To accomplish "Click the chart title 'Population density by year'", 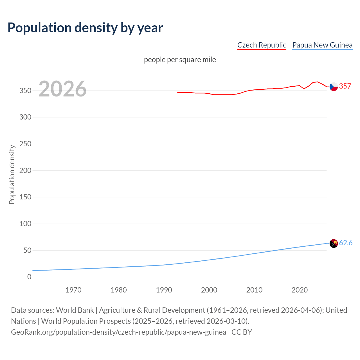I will tap(85, 28).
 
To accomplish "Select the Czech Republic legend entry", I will tap(262, 45).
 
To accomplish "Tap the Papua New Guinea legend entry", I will tap(322, 45).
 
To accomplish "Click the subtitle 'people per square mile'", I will tap(180, 60).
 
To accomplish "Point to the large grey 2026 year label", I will tap(62, 89).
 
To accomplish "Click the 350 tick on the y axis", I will tap(25, 91).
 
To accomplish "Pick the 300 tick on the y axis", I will tap(25, 117).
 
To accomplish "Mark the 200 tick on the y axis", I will tap(25, 170).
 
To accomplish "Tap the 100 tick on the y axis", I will tap(25, 224).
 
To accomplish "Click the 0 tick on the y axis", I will tap(29, 277).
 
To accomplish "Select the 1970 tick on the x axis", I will tap(73, 290).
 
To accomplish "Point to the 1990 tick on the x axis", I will tap(164, 290).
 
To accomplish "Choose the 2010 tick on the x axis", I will tap(254, 290).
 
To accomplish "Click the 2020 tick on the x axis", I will tap(300, 290).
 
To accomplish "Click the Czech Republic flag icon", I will tap(334, 87).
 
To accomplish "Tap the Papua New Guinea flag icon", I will tap(334, 243).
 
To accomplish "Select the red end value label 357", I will tap(345, 86).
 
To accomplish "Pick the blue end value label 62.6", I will tap(346, 243).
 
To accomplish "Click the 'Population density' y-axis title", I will tap(12, 174).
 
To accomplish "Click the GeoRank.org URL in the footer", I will tap(118, 332).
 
